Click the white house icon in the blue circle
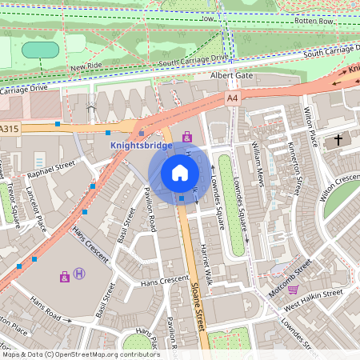[179, 172]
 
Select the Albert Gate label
[230, 75]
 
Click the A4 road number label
[232, 98]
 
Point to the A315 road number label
[10, 128]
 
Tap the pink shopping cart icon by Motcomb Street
[294, 290]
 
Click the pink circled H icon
[79, 274]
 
